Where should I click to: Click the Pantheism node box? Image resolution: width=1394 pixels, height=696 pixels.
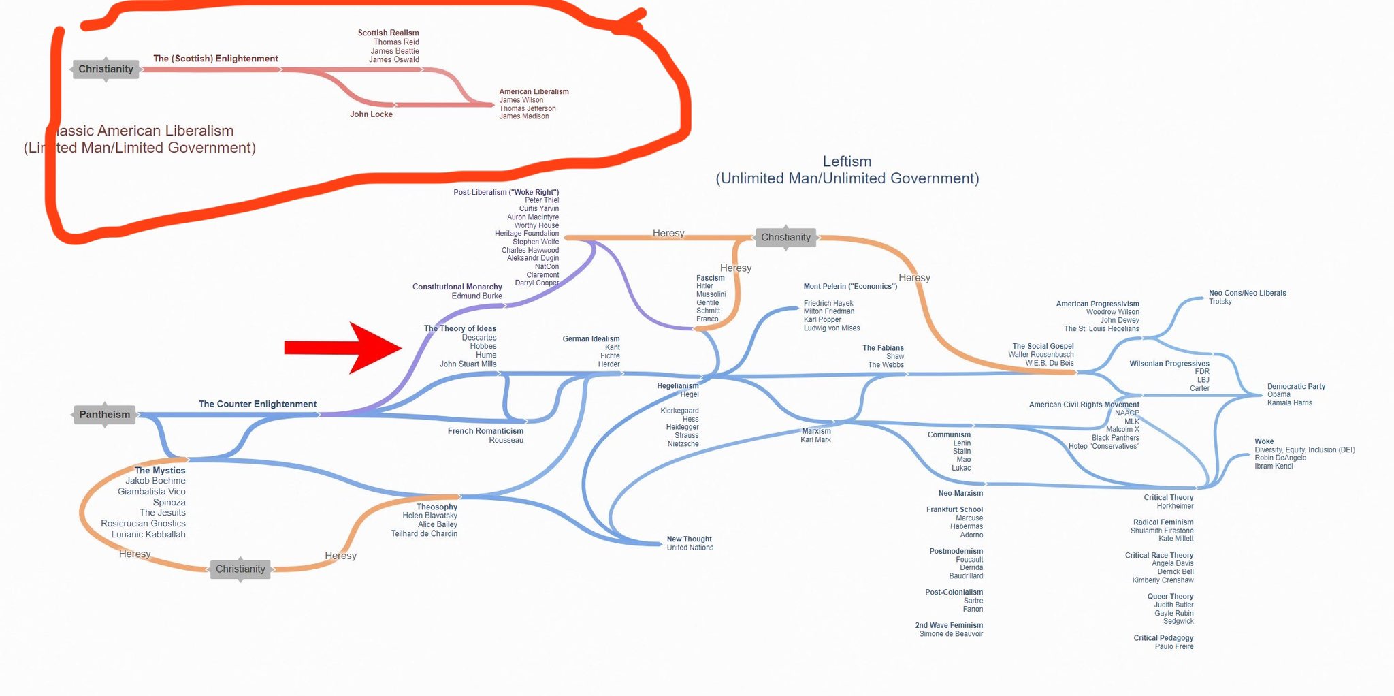pos(105,414)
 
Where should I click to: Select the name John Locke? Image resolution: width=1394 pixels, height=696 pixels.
pos(371,114)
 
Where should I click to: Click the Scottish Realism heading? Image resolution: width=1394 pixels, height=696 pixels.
pos(388,33)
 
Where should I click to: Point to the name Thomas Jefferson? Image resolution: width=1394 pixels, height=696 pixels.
pos(528,108)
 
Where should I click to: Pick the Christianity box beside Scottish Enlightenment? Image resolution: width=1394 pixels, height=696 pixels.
pos(106,69)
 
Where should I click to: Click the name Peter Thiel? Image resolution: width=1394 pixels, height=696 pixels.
pos(542,200)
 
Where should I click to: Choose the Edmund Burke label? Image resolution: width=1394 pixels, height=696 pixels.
pos(476,296)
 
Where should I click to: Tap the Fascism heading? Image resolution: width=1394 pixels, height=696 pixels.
pos(710,278)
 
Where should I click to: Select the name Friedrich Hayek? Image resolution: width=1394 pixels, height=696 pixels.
pos(828,303)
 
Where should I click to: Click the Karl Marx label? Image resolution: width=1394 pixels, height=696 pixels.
pos(815,440)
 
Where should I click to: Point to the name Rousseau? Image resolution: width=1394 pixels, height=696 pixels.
pos(506,440)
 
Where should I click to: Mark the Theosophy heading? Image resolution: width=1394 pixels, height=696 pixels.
pos(437,507)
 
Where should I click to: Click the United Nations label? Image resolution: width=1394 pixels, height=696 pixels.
pos(690,548)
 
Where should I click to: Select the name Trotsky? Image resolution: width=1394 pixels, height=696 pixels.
pos(1220,302)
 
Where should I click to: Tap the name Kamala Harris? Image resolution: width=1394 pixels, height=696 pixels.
pos(1289,402)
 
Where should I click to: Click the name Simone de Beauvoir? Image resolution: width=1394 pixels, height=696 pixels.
pos(951,634)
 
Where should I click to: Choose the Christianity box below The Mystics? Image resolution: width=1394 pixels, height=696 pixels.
pos(240,569)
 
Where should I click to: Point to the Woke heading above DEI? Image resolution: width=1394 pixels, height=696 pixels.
pos(1264,441)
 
